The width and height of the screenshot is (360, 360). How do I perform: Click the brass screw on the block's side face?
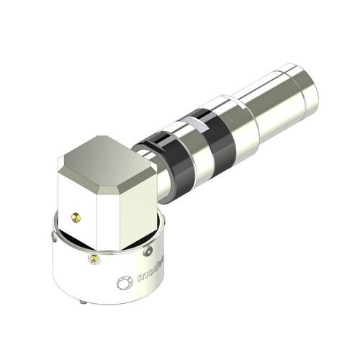(78, 216)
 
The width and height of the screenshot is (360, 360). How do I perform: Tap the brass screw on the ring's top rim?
(94, 258)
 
